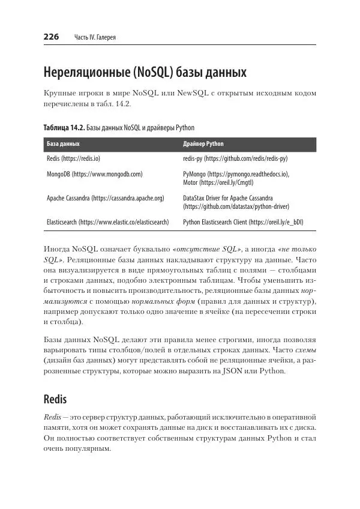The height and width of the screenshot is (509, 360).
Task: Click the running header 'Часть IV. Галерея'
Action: [94, 38]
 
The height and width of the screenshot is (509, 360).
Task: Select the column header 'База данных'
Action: [63, 145]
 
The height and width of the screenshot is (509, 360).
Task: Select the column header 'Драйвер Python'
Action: [203, 145]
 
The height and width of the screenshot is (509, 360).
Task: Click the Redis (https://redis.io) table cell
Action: [73, 158]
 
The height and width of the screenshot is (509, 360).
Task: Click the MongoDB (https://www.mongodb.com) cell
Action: [94, 174]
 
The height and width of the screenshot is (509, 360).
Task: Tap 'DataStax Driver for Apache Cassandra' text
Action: [227, 197]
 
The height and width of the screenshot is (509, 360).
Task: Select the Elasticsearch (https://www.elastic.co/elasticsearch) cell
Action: [107, 221]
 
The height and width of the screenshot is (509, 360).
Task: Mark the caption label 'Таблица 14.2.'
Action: [64, 128]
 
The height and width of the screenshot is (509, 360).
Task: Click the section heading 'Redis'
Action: [55, 399]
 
